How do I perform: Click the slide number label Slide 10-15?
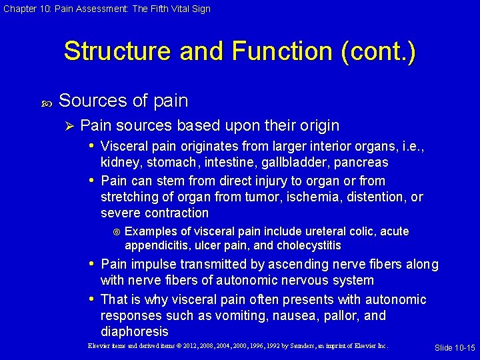(x=455, y=348)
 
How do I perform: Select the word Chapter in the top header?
(x=18, y=9)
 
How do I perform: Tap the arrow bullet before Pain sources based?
(x=69, y=126)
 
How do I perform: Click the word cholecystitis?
(x=307, y=245)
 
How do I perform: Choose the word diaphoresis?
(x=134, y=331)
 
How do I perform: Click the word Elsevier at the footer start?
(x=100, y=346)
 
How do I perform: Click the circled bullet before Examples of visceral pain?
(x=116, y=232)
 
